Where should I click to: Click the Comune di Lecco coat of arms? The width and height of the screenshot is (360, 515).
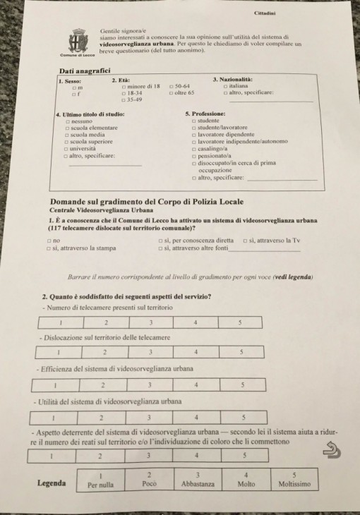pyautogui.click(x=78, y=40)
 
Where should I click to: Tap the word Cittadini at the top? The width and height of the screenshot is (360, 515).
pyautogui.click(x=266, y=13)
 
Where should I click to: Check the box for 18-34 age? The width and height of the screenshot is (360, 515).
pyautogui.click(x=124, y=93)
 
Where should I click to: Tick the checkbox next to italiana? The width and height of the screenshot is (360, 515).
pyautogui.click(x=225, y=86)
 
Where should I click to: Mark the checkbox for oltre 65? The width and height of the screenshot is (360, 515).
pyautogui.click(x=172, y=93)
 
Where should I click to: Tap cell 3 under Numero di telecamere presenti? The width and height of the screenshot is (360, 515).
pyautogui.click(x=151, y=322)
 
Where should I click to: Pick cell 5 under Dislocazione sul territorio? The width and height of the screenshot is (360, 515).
pyautogui.click(x=241, y=351)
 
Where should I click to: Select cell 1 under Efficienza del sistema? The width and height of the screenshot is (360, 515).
pyautogui.click(x=55, y=385)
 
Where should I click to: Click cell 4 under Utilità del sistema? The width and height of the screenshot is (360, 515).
pyautogui.click(x=196, y=418)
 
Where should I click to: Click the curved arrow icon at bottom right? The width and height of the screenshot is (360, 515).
pyautogui.click(x=330, y=449)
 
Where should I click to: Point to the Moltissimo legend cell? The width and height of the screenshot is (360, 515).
pyautogui.click(x=294, y=480)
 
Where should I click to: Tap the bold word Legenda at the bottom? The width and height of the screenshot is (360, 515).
pyautogui.click(x=52, y=483)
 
